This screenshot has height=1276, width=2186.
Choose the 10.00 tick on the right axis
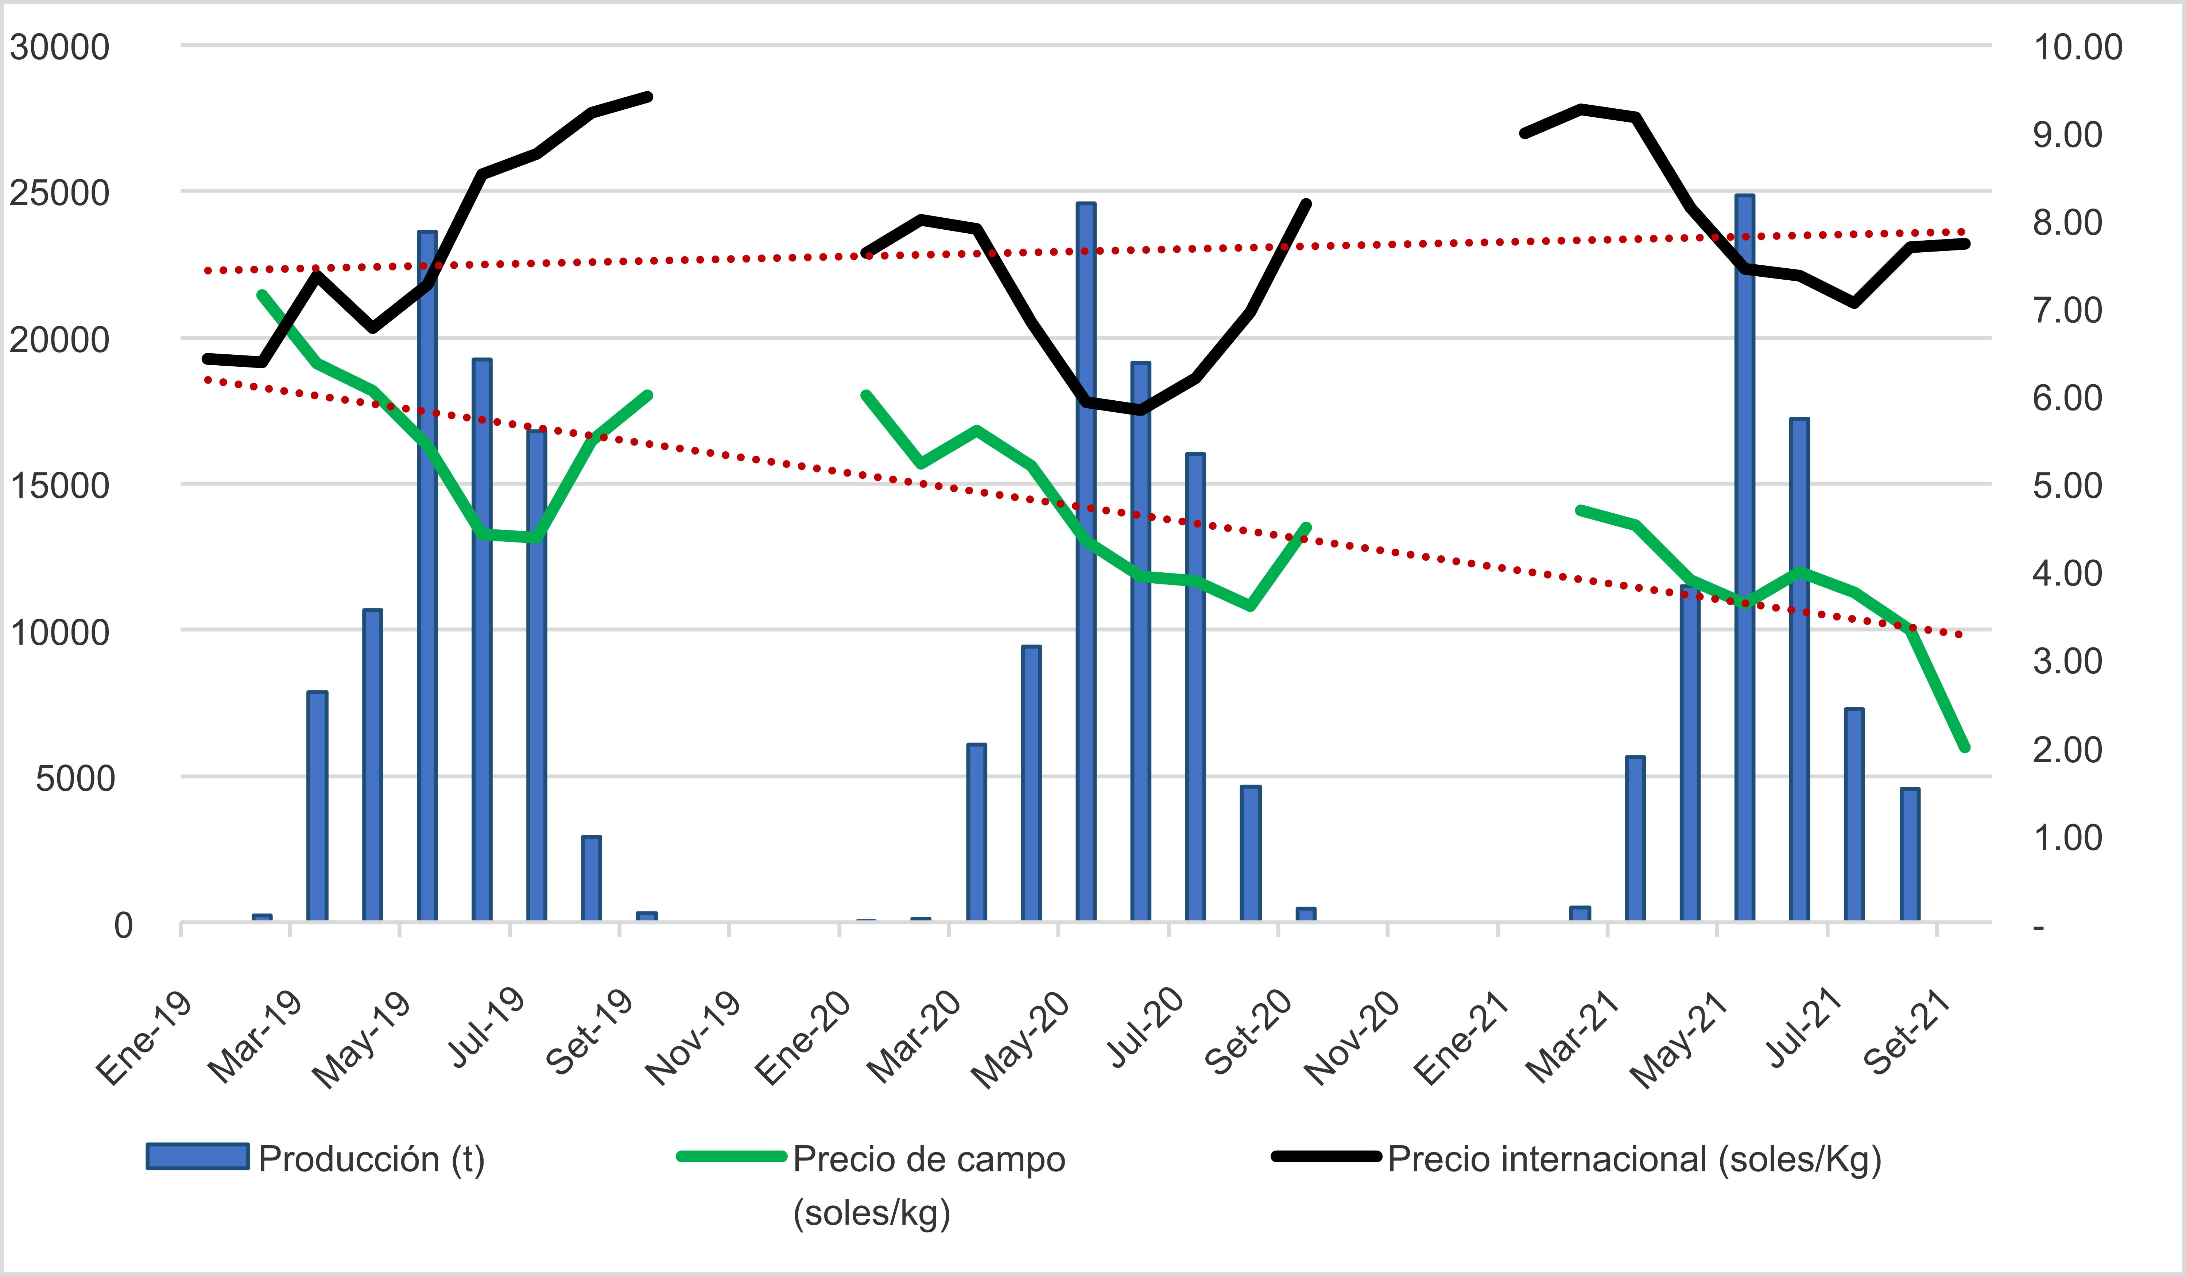coord(2078,47)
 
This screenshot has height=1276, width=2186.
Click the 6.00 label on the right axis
coord(2067,398)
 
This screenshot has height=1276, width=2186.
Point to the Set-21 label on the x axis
coord(1906,1032)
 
